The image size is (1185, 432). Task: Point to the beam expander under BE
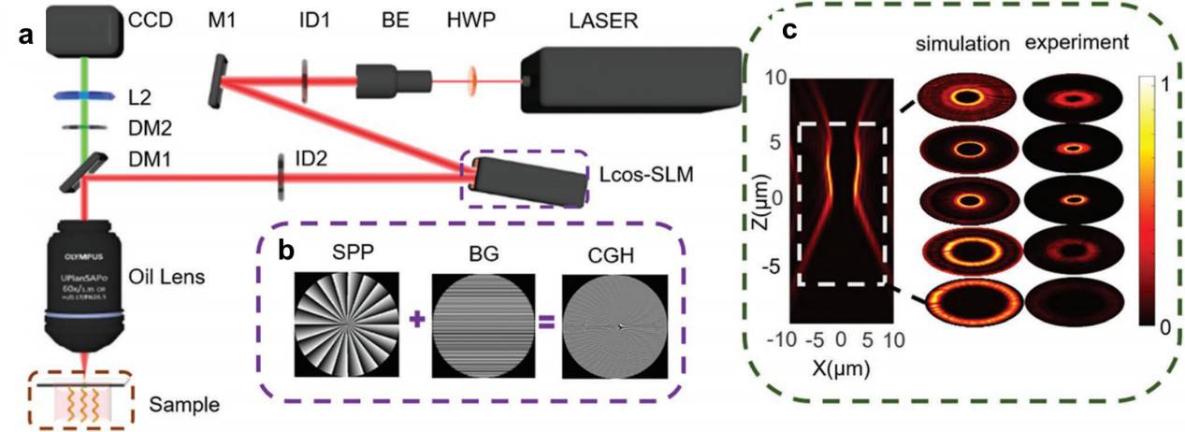tap(393, 79)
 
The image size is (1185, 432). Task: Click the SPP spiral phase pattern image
tap(346, 324)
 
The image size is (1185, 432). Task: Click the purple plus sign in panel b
tap(414, 323)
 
